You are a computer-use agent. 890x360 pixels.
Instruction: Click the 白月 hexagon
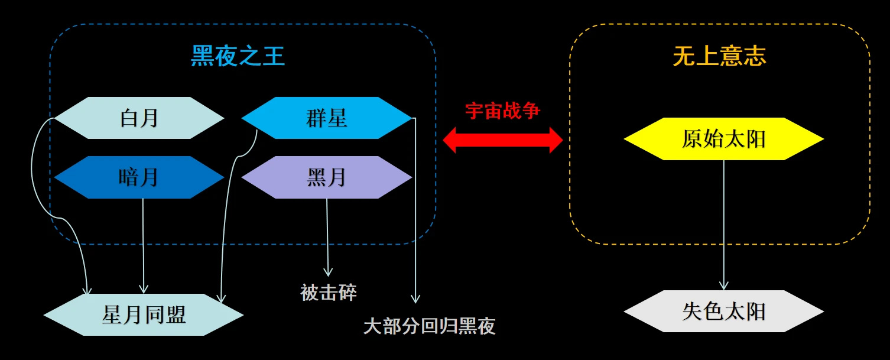[139, 118]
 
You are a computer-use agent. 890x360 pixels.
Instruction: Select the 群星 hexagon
[327, 118]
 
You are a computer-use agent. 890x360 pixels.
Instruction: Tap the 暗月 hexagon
[139, 177]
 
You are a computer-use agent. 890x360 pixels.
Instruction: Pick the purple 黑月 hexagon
[327, 177]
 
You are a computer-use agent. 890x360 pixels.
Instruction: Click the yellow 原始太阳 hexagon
[723, 139]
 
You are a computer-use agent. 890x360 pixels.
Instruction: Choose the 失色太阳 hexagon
[723, 312]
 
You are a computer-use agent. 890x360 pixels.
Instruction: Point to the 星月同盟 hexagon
[144, 314]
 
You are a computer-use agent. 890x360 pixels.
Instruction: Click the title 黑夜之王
[238, 57]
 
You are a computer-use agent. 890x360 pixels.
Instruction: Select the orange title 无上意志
[719, 57]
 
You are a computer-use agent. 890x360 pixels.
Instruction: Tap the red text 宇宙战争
[502, 111]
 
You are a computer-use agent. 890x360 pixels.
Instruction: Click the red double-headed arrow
[503, 140]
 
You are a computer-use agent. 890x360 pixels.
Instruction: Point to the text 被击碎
[329, 292]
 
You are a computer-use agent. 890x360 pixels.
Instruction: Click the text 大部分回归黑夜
[429, 326]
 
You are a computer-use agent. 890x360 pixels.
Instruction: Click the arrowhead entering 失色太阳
[723, 286]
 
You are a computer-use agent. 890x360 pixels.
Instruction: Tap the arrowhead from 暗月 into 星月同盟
[143, 288]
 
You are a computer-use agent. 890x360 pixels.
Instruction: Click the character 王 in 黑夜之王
[274, 57]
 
